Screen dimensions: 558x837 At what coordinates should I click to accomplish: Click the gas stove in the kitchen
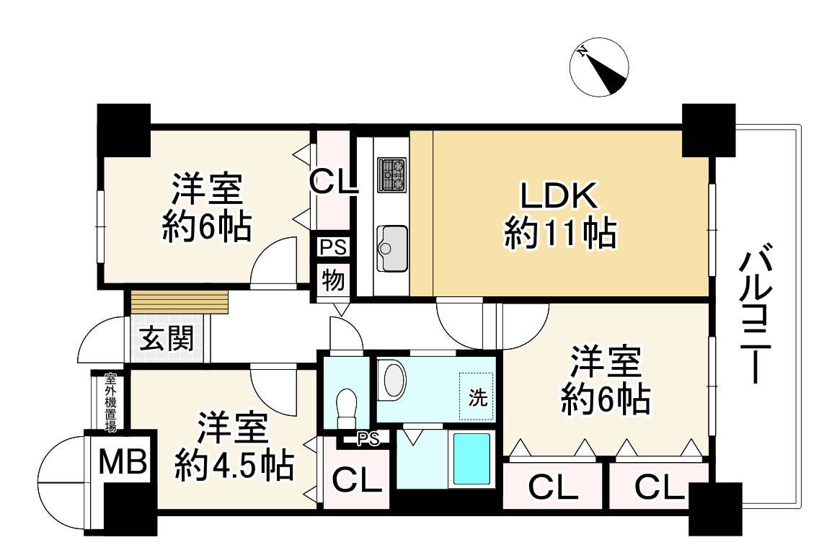point(393,175)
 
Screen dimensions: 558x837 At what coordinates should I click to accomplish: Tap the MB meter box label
point(123,461)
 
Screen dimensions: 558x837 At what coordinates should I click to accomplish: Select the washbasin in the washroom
point(394,380)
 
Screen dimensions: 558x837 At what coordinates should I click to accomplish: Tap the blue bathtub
point(471,459)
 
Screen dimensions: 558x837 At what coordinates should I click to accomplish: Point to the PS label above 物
point(333,247)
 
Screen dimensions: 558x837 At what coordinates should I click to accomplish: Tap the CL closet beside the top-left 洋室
point(333,180)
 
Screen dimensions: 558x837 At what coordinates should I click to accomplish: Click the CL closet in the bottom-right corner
point(659,488)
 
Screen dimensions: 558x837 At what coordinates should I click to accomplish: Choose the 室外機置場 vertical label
point(110,402)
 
